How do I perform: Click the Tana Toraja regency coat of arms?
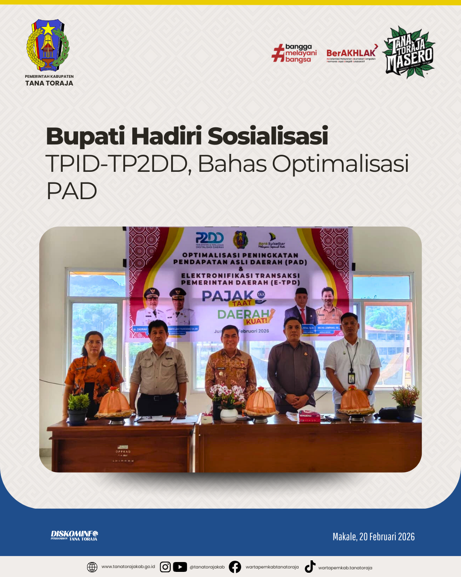point(48,45)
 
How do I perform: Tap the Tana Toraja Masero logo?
point(408,53)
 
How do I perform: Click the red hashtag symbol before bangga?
point(278,53)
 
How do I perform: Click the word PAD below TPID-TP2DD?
point(72,191)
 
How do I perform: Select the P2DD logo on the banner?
point(209,238)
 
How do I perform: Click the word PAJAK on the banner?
point(228,296)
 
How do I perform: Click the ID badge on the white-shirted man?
point(351,378)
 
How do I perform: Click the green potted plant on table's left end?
point(78,408)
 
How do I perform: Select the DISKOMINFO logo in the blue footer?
point(74,536)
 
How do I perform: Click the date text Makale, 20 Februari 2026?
point(373,537)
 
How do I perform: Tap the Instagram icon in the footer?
point(165,567)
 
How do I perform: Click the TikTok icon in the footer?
point(310,567)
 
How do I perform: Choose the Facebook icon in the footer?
point(235,567)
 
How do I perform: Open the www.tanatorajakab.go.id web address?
point(128,567)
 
